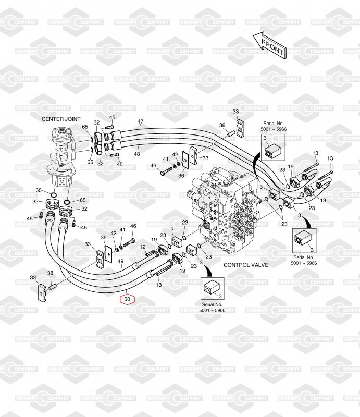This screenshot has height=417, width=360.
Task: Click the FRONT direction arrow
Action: point(269,46)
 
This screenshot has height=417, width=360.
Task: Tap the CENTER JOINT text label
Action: point(61,119)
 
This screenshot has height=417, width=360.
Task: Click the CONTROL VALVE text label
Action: point(246,265)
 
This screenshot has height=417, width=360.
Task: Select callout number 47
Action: point(140,121)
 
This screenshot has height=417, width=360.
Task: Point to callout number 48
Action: point(136,154)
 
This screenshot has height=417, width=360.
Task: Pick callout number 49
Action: point(120,261)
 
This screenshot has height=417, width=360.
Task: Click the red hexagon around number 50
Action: point(127,299)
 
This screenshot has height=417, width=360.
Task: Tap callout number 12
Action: point(143,247)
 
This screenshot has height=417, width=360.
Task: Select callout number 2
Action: point(172,229)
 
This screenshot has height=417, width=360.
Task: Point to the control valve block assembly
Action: point(224,207)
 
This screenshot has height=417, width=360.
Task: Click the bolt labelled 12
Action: point(152,253)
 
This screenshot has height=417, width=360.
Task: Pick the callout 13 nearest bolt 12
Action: point(159,285)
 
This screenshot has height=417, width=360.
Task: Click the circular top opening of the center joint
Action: point(63,131)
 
